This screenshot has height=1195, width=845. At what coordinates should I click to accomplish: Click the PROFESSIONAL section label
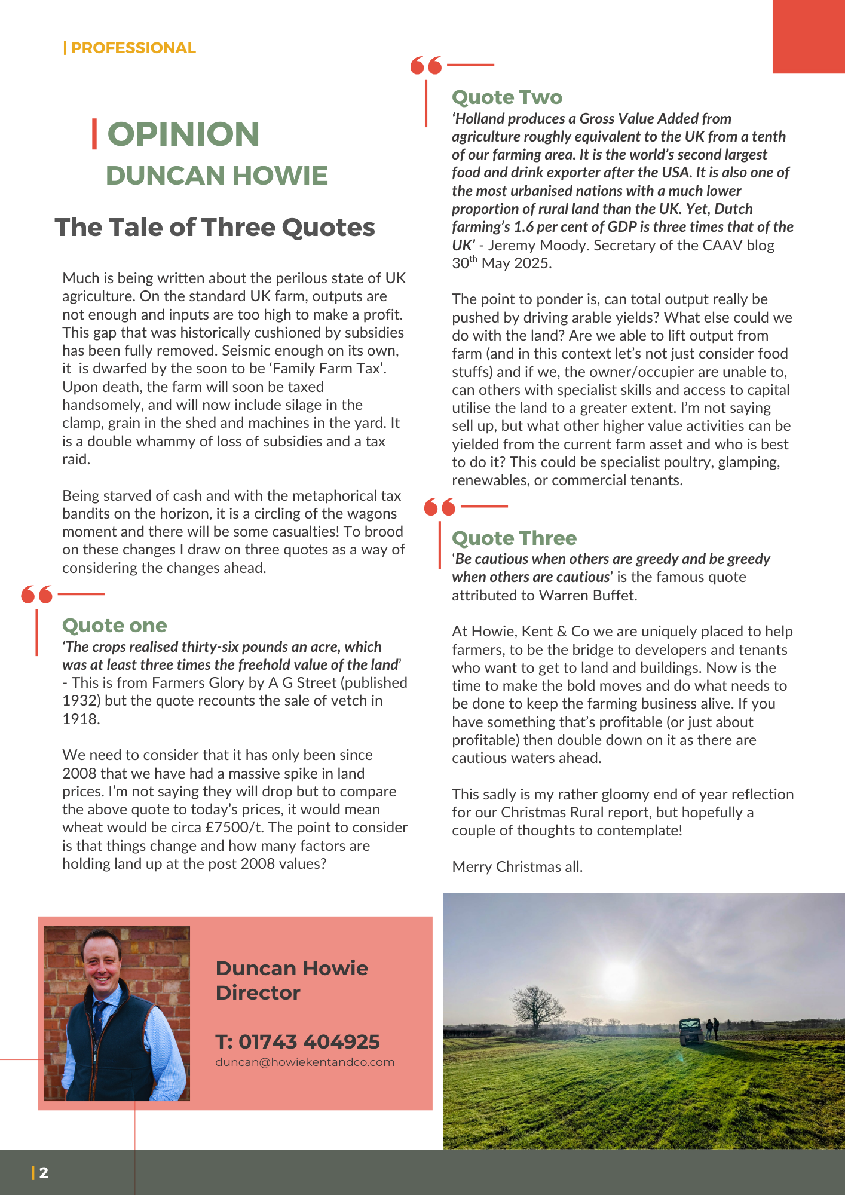(133, 48)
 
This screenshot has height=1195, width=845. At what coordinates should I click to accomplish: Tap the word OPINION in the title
(183, 134)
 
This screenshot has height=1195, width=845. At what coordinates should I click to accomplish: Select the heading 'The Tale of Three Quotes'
(215, 228)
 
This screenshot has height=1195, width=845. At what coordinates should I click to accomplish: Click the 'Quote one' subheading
(114, 626)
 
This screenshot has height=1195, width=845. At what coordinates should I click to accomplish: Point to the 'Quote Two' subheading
(507, 97)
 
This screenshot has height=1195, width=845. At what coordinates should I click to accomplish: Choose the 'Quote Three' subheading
(514, 538)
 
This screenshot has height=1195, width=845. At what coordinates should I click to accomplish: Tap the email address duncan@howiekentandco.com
(305, 1062)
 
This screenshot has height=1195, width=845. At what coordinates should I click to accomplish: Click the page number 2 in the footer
(44, 1173)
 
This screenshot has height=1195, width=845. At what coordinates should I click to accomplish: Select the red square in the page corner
(809, 36)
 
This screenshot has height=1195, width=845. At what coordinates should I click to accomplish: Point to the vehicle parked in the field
(691, 1032)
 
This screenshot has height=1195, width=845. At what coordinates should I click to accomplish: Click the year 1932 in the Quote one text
(77, 701)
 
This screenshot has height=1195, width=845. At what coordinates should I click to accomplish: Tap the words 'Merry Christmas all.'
(517, 867)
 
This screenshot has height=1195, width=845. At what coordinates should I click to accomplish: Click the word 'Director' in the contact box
(258, 993)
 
